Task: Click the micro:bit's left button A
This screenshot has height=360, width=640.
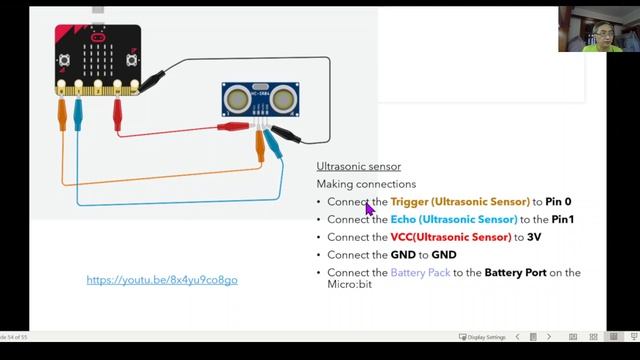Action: (x=64, y=60)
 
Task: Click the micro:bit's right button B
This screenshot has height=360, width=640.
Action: (x=131, y=60)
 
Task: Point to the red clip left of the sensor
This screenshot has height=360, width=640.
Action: (x=233, y=127)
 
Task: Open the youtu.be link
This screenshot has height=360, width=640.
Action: (x=162, y=280)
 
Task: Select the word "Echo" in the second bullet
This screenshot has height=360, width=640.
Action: (x=403, y=219)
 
